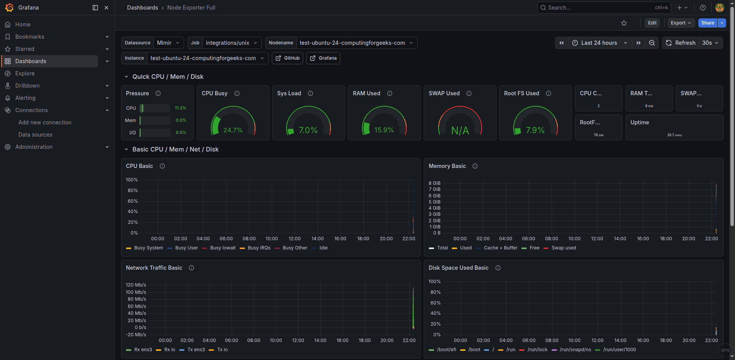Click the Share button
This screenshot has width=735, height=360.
click(707, 23)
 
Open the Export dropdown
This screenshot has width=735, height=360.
click(681, 23)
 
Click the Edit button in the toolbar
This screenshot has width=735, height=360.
click(652, 23)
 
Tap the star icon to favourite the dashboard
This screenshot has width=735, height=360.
click(624, 23)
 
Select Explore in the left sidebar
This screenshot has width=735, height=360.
click(25, 73)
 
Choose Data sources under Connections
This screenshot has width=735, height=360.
click(35, 135)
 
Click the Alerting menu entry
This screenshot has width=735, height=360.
click(25, 98)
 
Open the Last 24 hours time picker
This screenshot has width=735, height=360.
click(599, 43)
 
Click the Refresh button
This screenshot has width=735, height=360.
click(681, 43)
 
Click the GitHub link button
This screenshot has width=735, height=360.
click(287, 58)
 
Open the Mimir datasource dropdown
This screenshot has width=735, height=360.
click(168, 43)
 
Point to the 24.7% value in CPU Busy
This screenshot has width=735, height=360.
click(233, 130)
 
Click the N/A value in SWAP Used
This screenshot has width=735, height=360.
click(460, 131)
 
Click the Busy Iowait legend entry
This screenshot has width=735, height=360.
click(222, 248)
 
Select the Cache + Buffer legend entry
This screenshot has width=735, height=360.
click(500, 248)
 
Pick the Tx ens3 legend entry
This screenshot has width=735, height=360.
click(196, 350)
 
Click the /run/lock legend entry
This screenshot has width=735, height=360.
click(537, 350)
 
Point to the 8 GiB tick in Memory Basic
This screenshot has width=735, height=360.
click(434, 183)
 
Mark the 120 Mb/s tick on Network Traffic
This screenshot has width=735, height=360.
click(136, 285)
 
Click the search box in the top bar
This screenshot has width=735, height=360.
click(597, 8)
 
